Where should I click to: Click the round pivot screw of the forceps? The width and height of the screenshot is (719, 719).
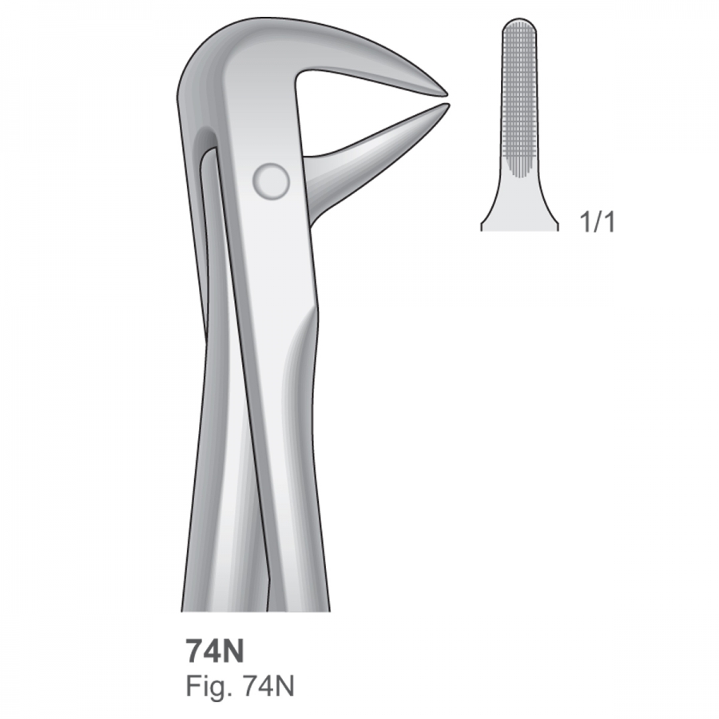click(x=271, y=181)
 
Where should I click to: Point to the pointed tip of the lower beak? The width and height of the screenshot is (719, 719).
click(x=447, y=105)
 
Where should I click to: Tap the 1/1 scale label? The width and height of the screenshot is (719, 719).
click(x=597, y=222)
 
